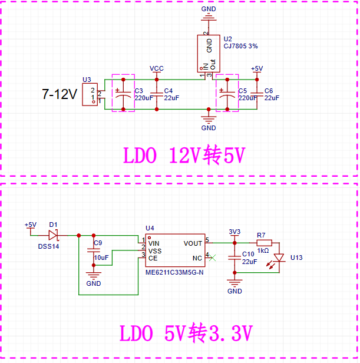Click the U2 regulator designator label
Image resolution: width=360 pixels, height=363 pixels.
[227, 39]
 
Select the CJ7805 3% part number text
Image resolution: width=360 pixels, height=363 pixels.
[240, 46]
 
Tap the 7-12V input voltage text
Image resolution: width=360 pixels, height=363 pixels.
[60, 94]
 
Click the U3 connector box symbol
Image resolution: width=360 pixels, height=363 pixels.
[90, 94]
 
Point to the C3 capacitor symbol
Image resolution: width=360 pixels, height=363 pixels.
[123, 94]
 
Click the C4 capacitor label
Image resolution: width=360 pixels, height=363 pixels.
[169, 91]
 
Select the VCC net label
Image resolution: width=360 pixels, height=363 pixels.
[157, 68]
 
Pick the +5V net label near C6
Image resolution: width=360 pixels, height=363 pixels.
[257, 68]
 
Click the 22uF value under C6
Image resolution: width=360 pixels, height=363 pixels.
[272, 98]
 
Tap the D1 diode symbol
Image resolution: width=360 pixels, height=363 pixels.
[53, 236]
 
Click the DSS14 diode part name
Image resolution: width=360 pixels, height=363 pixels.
[48, 246]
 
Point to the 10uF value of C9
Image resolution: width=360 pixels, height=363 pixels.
[101, 258]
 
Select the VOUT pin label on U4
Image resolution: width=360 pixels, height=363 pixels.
[193, 243]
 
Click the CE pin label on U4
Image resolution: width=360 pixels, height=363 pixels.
[153, 258]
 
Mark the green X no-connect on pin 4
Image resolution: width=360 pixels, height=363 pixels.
[212, 258]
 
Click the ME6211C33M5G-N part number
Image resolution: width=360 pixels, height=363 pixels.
[174, 272]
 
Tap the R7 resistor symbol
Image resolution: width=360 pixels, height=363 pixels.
[264, 243]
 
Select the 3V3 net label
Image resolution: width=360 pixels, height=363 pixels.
[235, 232]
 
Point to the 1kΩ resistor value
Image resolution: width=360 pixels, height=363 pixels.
[263, 250]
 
